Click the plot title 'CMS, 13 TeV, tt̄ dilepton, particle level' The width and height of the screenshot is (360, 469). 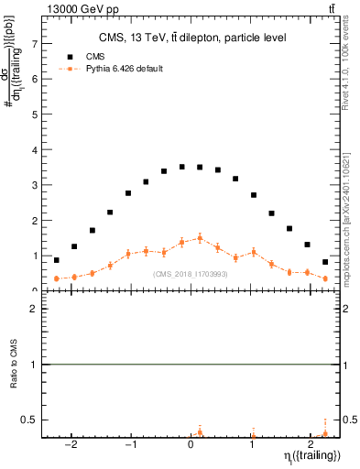point(192,38)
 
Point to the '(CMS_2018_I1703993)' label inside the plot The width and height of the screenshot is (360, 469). point(191,274)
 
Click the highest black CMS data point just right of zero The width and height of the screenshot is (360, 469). point(200,168)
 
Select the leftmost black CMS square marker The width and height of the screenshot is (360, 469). point(57,260)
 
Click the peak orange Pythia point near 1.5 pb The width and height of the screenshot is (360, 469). point(200,238)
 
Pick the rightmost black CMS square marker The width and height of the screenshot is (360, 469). point(325,262)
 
